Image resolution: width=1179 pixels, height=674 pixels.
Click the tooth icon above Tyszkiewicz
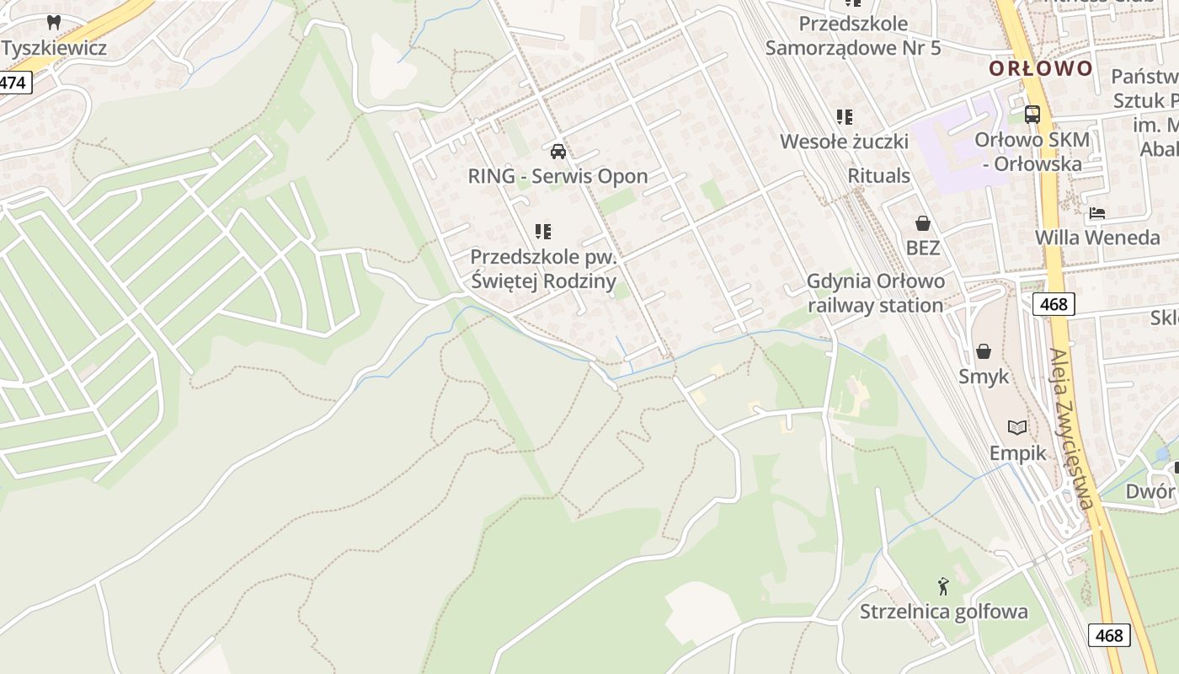point(55,23)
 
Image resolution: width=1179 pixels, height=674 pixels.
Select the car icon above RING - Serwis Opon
point(557,152)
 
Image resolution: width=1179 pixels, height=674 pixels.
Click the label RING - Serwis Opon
point(557,176)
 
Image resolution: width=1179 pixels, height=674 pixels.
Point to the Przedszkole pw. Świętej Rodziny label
point(543,269)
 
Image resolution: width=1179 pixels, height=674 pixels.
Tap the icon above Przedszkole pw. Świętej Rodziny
point(543,231)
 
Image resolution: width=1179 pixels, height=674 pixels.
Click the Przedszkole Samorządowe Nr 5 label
point(852,35)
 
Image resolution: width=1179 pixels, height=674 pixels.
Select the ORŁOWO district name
point(1041,68)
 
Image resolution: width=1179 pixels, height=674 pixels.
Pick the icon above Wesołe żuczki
point(844,117)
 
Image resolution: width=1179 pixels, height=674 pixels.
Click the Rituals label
point(878,175)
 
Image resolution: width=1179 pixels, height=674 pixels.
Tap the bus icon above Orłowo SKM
point(1032,115)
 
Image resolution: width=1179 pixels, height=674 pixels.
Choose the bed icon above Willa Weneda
point(1096,213)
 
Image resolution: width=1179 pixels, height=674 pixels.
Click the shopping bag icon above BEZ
point(923,223)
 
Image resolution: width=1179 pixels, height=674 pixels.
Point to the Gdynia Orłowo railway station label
point(876,292)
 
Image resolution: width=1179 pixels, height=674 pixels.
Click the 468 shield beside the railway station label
point(1054,304)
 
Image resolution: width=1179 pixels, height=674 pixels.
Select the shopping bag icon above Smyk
point(983,351)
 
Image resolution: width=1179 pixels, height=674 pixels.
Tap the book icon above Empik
point(1017,428)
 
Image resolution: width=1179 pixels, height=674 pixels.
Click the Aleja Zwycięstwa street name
point(1071,430)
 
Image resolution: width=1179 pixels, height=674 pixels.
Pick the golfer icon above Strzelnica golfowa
point(943,586)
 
